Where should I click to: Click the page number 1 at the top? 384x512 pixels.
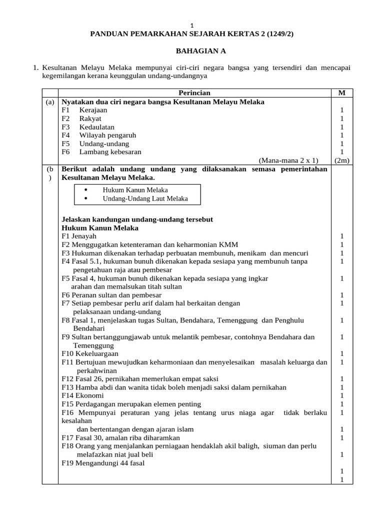tap(192, 25)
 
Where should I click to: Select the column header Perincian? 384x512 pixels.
tap(194, 93)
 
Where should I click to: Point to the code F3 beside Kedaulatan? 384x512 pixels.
tap(66, 127)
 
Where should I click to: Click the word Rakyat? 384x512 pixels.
tap(90, 118)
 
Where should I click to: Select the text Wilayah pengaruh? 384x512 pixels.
tap(107, 135)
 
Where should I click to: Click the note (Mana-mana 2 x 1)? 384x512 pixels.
tap(288, 160)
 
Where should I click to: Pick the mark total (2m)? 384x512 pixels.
tap(342, 160)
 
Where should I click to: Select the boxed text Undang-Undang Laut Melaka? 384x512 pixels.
tap(145, 198)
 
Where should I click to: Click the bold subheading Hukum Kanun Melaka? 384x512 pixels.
tap(100, 227)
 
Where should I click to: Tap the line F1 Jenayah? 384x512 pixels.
tap(79, 236)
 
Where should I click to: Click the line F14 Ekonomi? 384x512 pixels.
tap(83, 395)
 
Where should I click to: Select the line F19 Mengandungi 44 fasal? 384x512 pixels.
tap(103, 463)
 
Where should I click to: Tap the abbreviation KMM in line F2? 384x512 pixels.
tap(229, 244)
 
